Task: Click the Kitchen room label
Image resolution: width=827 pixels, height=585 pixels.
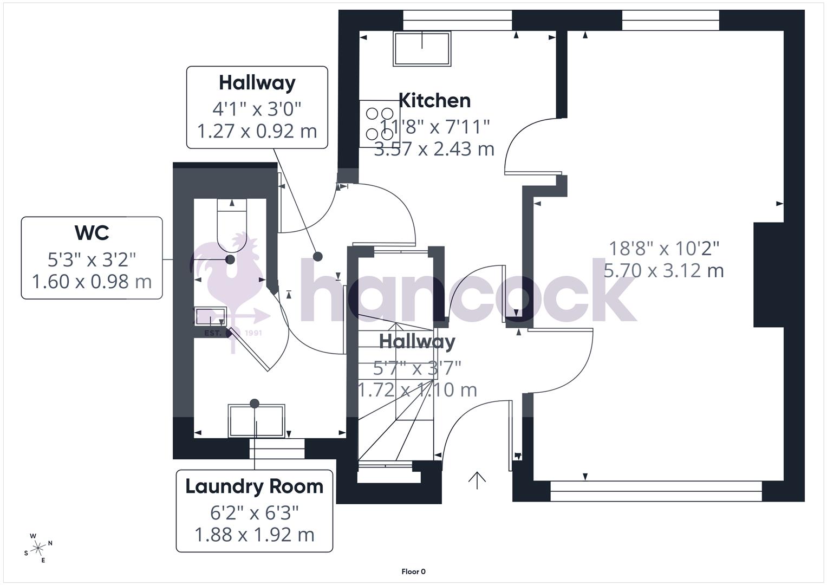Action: pos(434,100)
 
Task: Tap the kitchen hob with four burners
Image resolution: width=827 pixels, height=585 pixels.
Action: pos(379,123)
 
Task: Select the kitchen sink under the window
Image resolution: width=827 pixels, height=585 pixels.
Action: pos(422,49)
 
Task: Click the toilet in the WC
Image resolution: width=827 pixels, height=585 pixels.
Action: pos(232,225)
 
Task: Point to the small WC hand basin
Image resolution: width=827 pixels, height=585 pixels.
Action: pos(211,316)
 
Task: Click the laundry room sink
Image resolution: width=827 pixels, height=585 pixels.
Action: pos(256,420)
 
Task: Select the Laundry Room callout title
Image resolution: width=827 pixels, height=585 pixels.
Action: pos(254,486)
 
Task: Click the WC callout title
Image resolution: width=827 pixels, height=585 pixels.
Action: pos(92,233)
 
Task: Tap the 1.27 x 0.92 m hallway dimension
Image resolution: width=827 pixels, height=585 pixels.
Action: pos(257,131)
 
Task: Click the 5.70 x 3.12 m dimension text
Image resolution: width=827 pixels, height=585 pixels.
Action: pos(663,270)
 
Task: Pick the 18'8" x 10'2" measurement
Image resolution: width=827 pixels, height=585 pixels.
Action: pos(664,249)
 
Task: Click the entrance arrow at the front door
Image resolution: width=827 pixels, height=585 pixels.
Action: pos(477,480)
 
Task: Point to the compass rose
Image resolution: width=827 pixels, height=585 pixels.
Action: pos(38,548)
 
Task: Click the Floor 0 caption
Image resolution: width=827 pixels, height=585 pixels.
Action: pos(413,571)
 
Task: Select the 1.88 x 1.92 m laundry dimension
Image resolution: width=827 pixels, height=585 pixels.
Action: pos(254,535)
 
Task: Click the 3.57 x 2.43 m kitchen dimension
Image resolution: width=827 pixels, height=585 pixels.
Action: pos(434,148)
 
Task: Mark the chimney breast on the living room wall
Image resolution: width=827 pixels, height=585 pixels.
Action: pos(769,275)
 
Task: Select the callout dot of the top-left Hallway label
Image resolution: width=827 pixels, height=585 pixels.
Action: pos(318,256)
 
